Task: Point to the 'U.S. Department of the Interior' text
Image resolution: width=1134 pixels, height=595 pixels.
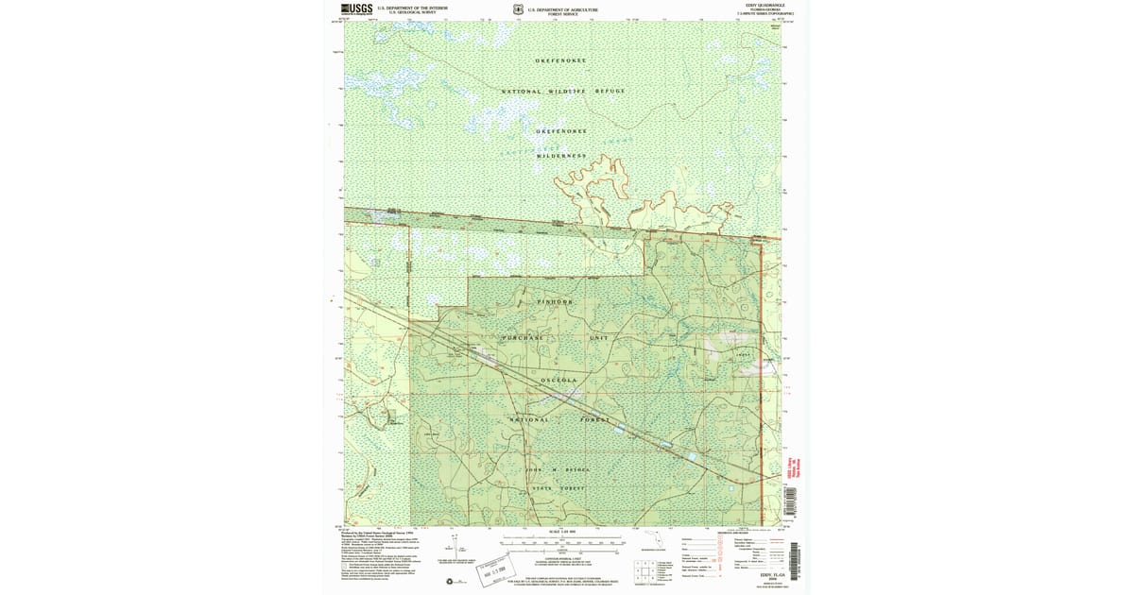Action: point(412,7)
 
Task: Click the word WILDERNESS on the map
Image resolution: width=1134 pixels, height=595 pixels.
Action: point(562,155)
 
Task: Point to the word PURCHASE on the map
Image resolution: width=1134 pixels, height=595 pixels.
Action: point(524,337)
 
